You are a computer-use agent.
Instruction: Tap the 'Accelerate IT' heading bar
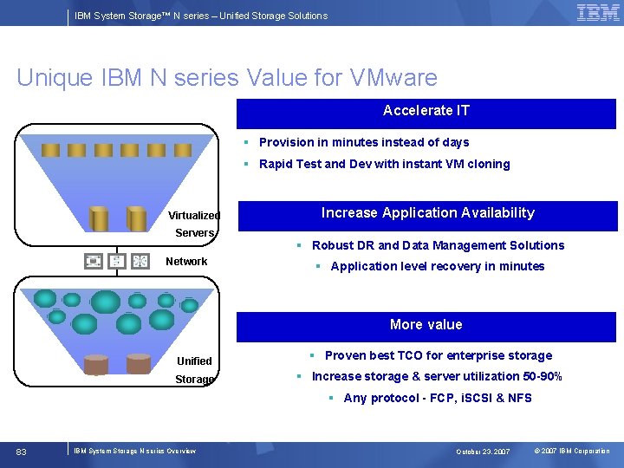426,111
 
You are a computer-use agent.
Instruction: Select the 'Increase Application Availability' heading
427,213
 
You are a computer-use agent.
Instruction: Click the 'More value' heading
426,325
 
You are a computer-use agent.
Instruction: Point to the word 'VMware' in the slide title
393,78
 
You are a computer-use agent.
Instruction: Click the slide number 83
22,452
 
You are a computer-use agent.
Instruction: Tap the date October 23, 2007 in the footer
483,452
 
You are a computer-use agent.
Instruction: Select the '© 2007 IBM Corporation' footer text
571,452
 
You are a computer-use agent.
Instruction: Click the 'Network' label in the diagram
186,262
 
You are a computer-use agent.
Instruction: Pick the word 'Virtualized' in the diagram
194,216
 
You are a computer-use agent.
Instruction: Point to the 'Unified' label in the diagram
194,361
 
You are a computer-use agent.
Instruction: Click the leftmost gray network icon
94,261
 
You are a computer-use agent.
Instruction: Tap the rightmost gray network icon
140,261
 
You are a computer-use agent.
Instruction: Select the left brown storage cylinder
96,364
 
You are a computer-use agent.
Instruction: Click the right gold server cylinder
137,218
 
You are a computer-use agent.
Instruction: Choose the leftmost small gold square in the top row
51,150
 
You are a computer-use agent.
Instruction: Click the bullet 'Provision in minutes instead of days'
364,143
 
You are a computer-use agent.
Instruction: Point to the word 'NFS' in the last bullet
520,399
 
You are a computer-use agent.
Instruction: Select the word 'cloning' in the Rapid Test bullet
487,165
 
